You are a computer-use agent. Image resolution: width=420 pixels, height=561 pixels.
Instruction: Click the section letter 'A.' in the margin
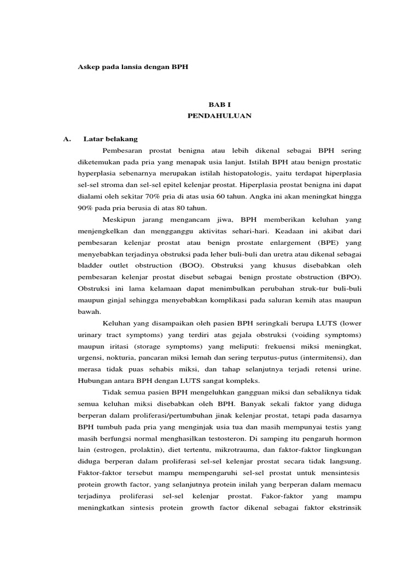[68, 139]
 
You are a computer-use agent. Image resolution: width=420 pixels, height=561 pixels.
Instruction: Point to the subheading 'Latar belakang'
[110, 139]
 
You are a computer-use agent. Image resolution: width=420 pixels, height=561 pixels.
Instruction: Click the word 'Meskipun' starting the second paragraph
[119, 219]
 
